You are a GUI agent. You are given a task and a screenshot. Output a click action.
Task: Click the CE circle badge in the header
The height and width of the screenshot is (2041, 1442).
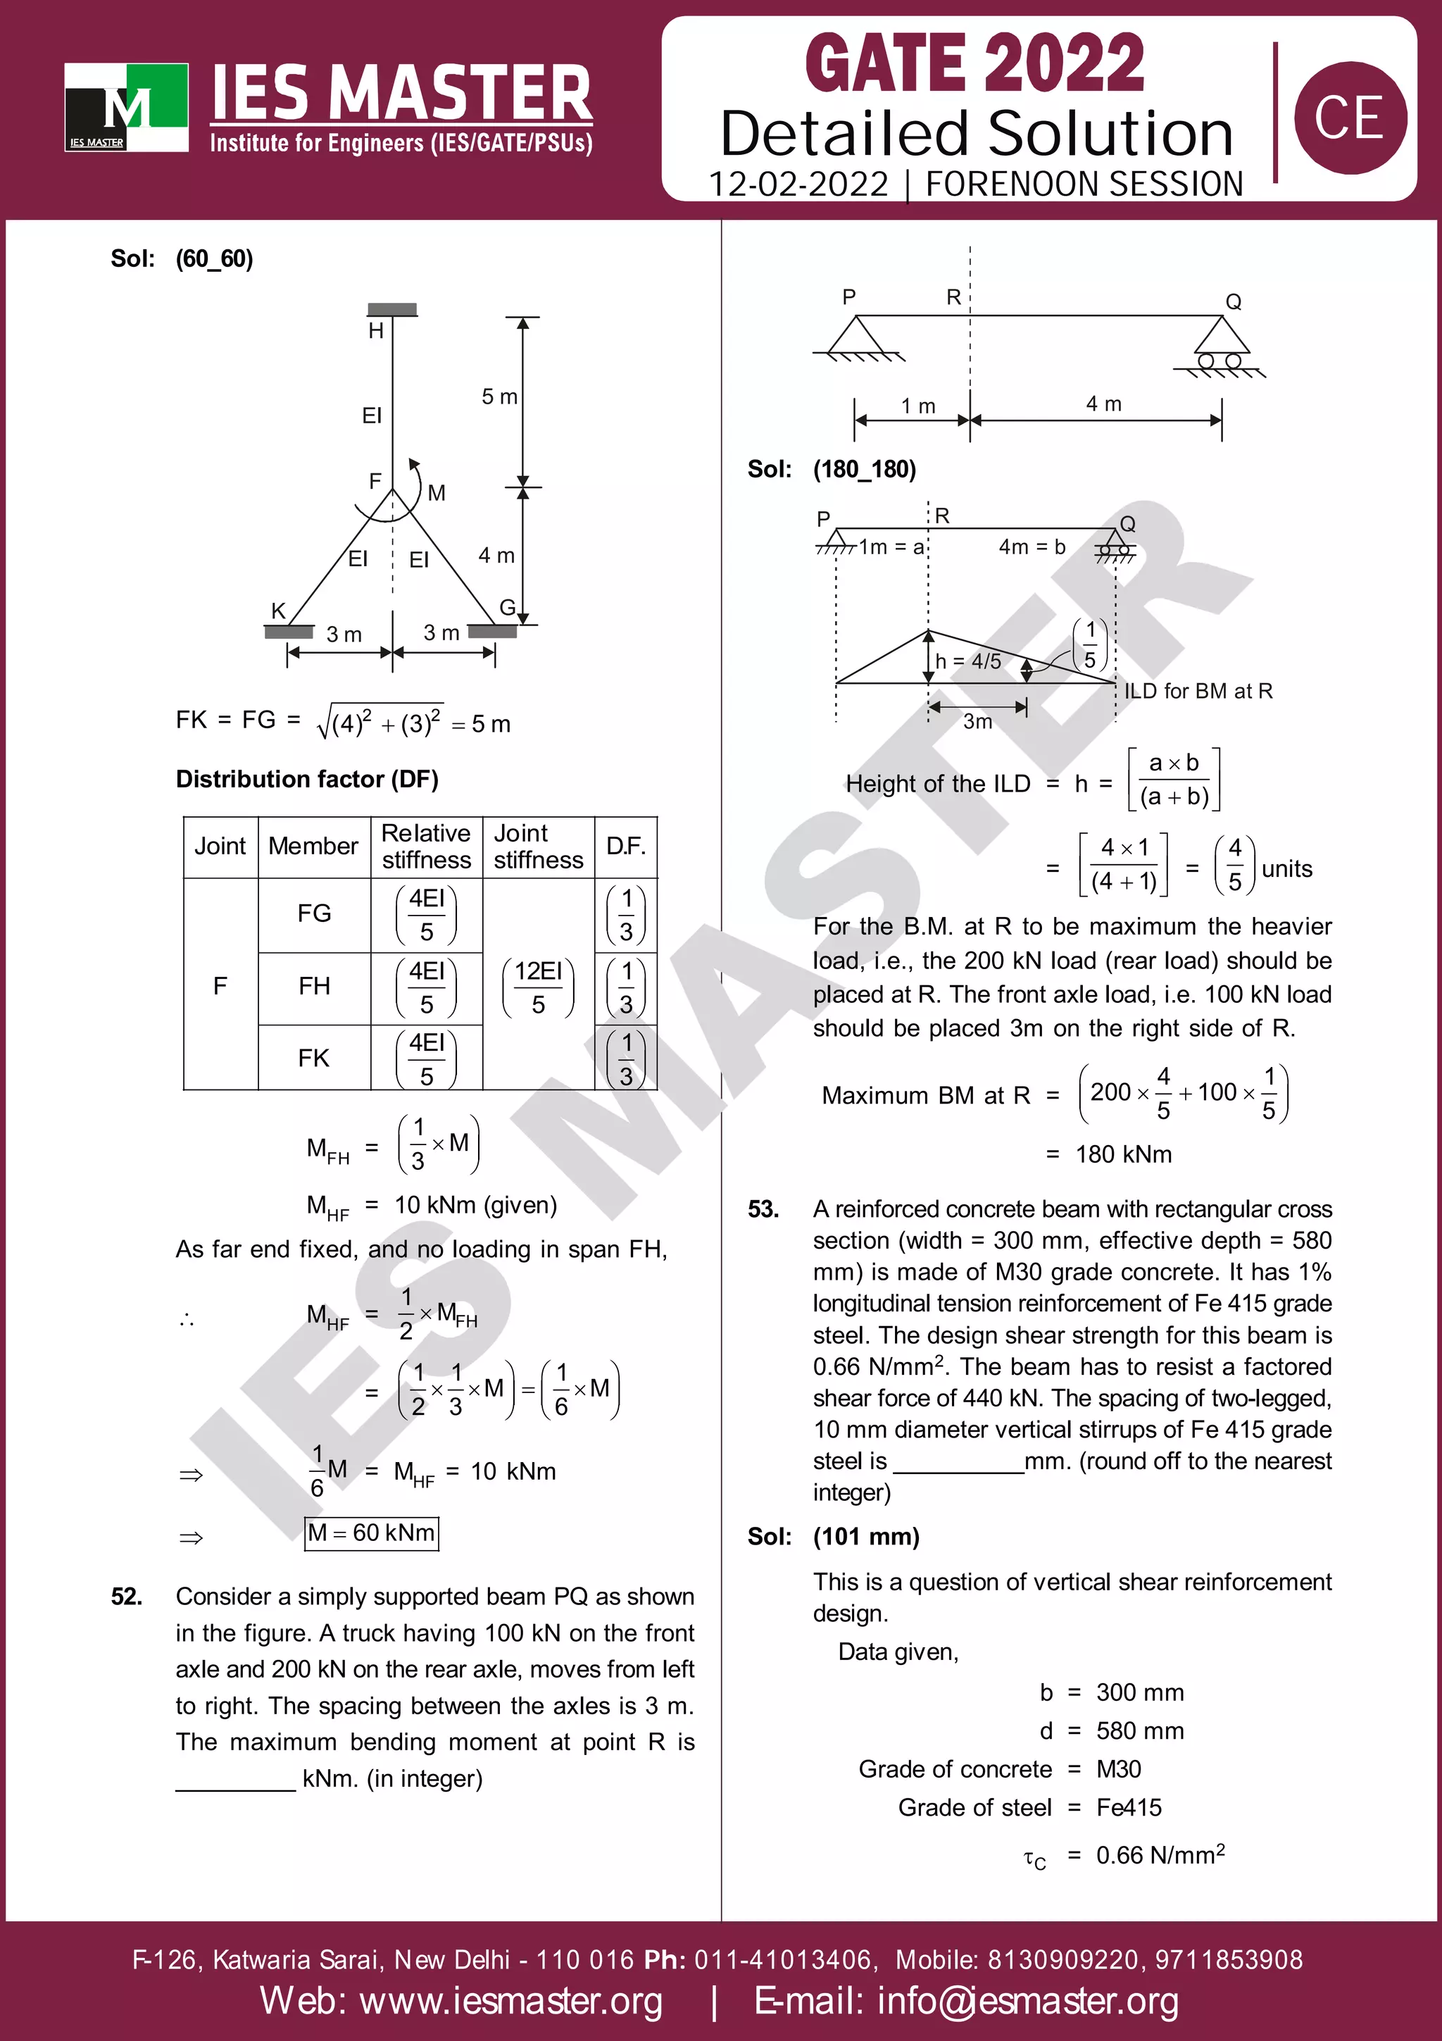[1349, 118]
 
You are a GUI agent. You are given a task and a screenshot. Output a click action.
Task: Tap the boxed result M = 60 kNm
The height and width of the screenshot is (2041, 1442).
[371, 1533]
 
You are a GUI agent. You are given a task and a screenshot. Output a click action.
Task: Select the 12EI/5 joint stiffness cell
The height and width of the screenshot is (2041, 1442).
[539, 986]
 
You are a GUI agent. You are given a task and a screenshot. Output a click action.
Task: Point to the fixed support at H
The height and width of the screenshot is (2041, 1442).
[391, 309]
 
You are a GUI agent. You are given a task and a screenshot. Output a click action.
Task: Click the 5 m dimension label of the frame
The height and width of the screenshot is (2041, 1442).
[499, 397]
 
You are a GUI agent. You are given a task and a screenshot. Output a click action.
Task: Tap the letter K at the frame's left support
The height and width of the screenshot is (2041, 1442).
[278, 611]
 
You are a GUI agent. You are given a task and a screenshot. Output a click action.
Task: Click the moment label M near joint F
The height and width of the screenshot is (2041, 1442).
[437, 492]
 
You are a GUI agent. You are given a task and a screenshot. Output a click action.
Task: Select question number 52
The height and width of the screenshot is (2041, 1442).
[127, 1597]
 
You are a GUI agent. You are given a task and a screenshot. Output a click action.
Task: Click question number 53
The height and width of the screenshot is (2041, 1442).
[763, 1209]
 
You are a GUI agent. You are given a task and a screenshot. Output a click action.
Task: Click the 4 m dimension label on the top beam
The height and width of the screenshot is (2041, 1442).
[1103, 404]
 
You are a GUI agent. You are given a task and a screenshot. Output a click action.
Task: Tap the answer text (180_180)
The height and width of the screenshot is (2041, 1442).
[865, 469]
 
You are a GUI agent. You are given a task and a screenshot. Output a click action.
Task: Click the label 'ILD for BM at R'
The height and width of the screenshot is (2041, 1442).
[1198, 691]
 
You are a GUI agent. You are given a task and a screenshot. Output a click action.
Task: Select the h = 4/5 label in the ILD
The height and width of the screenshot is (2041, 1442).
[968, 661]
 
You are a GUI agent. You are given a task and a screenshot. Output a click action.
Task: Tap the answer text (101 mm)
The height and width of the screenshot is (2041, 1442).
[866, 1536]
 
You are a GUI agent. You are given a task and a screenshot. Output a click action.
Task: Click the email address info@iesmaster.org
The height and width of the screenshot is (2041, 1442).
[966, 2000]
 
